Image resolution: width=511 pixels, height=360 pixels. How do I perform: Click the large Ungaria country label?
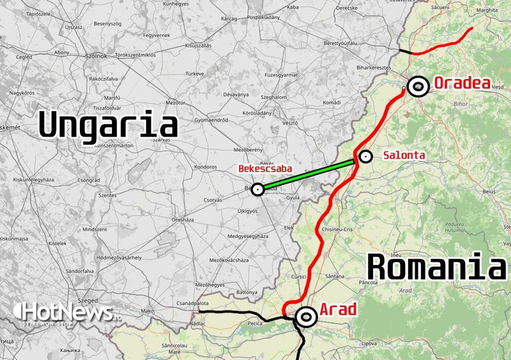107,124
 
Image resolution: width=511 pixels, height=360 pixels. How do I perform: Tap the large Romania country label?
436,266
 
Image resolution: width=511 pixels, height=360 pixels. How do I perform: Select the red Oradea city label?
461,83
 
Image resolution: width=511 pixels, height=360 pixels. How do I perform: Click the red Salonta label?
404,155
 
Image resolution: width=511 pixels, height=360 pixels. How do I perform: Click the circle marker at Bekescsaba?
257,189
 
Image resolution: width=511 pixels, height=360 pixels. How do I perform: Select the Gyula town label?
293,199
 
